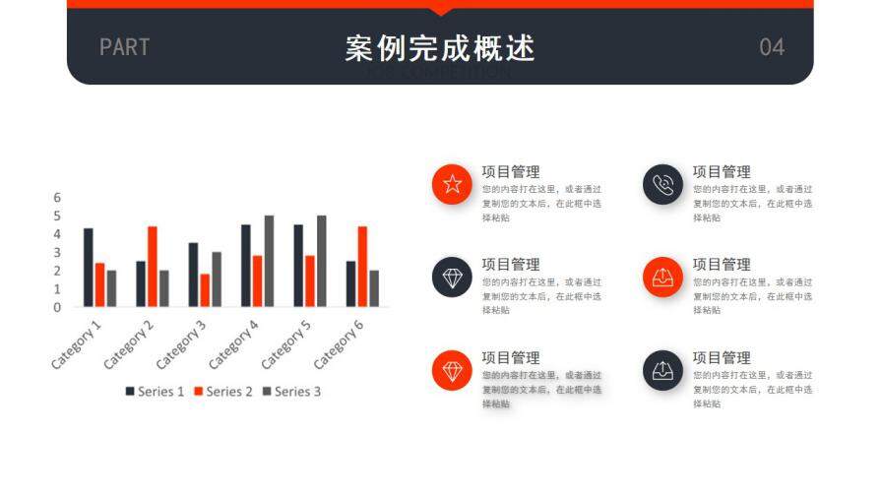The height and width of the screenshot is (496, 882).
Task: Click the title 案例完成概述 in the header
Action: click(x=440, y=47)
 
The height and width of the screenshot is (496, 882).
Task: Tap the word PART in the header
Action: click(x=124, y=47)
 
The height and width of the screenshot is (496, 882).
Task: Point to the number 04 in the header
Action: click(x=772, y=47)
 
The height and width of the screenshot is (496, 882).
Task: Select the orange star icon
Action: click(x=452, y=184)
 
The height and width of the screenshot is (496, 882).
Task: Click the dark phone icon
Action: click(x=663, y=184)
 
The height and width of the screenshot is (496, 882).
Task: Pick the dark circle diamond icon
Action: click(x=452, y=277)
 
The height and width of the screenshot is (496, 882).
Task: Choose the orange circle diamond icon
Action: click(x=452, y=370)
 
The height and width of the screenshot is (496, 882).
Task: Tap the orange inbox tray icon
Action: click(x=663, y=277)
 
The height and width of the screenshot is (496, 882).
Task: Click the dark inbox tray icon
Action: click(x=663, y=370)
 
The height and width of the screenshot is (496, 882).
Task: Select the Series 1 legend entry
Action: click(x=155, y=392)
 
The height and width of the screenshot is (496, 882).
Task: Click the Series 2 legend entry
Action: click(x=222, y=392)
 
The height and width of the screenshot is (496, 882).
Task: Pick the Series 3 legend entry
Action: click(x=291, y=392)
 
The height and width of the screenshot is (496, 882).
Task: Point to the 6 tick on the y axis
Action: click(x=57, y=197)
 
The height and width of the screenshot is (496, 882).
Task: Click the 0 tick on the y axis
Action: click(x=57, y=307)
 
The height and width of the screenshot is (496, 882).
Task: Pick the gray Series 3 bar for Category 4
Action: click(x=269, y=261)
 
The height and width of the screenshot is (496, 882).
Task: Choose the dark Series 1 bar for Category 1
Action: click(x=89, y=267)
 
